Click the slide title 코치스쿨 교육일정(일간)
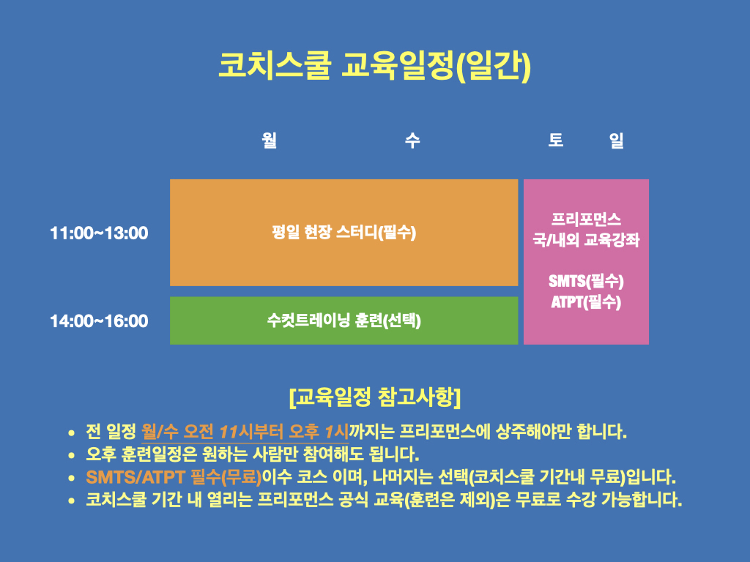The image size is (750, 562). (374, 65)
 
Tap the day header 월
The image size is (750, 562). (270, 140)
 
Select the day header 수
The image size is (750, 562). (412, 140)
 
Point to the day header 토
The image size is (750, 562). (556, 140)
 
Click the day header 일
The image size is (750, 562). (617, 140)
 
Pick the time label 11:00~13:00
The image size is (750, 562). (99, 233)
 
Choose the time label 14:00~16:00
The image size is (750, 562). (99, 321)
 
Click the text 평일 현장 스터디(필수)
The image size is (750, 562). (344, 232)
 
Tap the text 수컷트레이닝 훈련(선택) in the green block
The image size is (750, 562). (344, 321)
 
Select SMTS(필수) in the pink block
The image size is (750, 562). (586, 281)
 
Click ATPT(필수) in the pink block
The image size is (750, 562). (586, 302)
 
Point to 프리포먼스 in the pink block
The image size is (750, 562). (586, 220)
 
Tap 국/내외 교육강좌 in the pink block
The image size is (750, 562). (586, 239)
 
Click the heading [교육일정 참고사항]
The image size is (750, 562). (375, 397)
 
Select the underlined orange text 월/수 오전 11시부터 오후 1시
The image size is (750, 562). (245, 432)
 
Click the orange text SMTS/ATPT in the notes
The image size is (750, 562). (135, 477)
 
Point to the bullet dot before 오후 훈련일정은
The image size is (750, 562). (71, 455)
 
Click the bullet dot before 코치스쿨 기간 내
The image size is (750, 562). (71, 501)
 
